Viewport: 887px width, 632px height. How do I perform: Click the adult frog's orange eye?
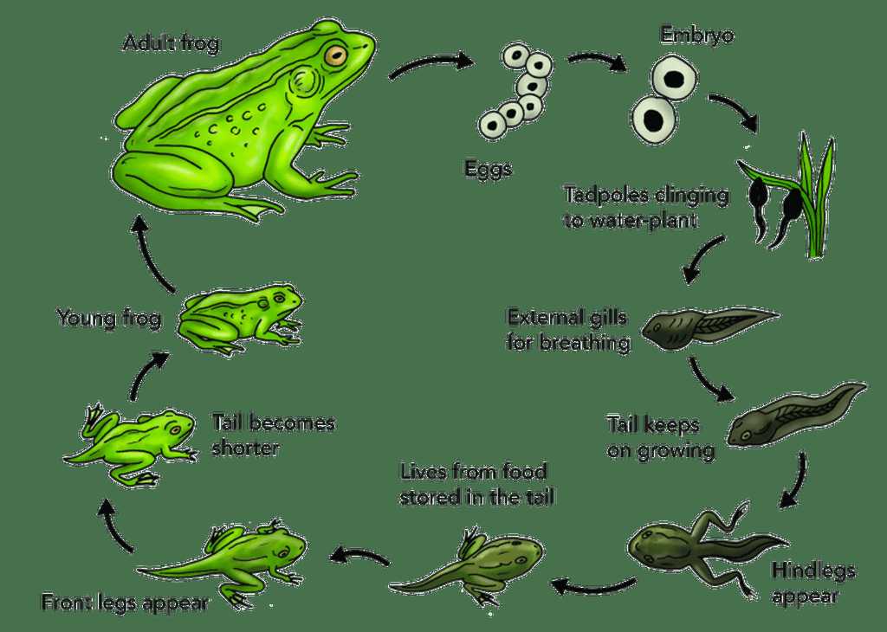(335, 55)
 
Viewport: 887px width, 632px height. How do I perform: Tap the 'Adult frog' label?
(171, 43)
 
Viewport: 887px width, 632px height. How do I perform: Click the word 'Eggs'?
(489, 169)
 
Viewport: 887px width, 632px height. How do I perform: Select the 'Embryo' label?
(697, 35)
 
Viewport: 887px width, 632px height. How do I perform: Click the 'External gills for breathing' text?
(568, 330)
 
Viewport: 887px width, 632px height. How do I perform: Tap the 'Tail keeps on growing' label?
(661, 437)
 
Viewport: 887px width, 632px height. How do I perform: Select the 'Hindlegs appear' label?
(813, 583)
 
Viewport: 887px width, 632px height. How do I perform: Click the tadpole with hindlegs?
(707, 547)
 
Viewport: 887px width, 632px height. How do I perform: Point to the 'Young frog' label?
(109, 319)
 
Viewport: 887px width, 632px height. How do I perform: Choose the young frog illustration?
(240, 318)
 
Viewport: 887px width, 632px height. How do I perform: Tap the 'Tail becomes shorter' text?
(273, 435)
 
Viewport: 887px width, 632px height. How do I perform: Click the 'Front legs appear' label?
(125, 603)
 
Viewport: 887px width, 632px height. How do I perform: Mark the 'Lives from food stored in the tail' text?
(476, 484)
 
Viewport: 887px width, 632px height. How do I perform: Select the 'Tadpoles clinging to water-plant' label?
(646, 207)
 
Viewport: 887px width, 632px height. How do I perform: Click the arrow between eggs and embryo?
(597, 60)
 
